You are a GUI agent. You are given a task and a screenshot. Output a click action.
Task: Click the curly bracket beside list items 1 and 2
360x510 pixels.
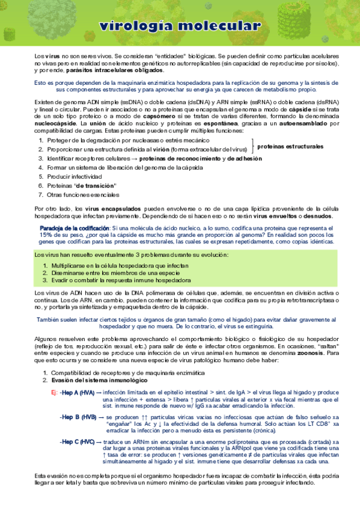(254, 144)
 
